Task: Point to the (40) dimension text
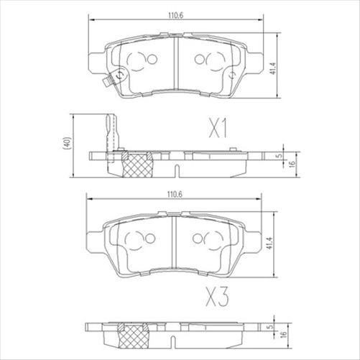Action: coord(65,143)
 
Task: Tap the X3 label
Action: coord(216,295)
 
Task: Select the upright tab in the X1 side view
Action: coord(109,133)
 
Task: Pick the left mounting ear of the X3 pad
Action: coord(93,231)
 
